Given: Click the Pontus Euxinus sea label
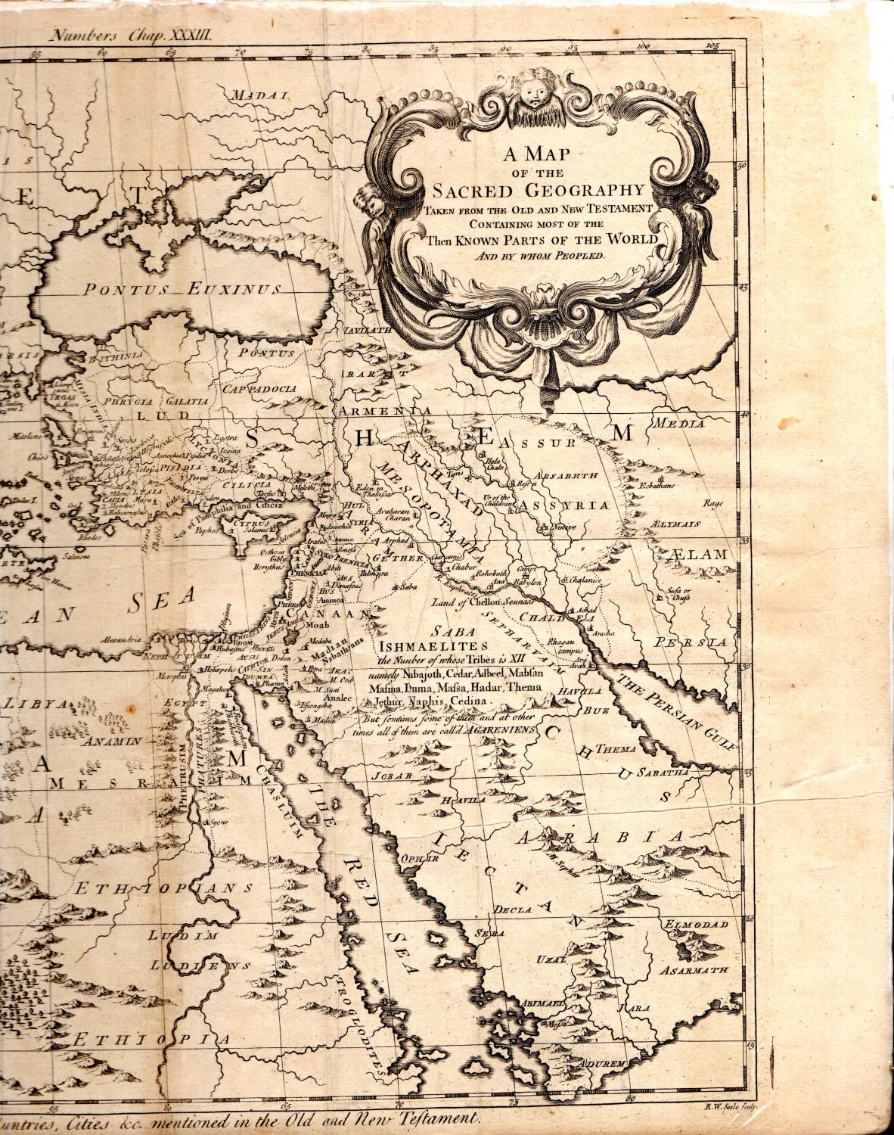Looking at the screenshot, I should [182, 289].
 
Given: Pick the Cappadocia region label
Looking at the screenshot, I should [259, 388].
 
